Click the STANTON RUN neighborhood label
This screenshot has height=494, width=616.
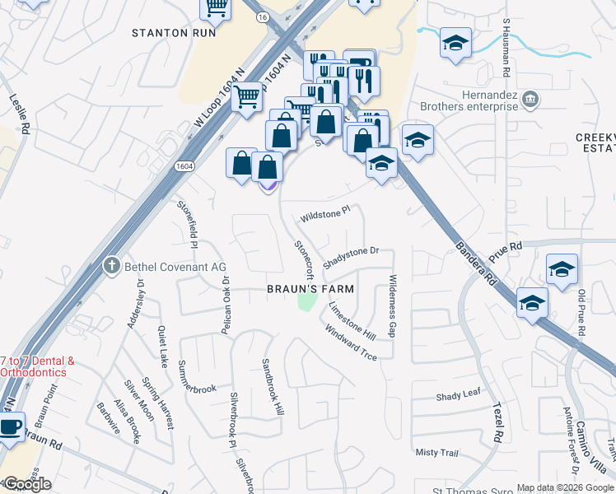(175, 33)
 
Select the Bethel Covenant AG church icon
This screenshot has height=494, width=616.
(112, 265)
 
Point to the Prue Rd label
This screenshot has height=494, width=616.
(506, 245)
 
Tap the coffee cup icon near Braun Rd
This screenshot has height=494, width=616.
(10, 428)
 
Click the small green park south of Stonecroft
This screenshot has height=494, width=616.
(306, 302)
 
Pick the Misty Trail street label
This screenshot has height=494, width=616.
(436, 453)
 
